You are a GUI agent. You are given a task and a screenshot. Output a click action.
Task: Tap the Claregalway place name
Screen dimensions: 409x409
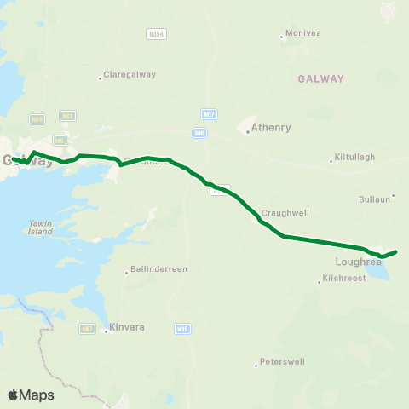pyautogui.click(x=129, y=74)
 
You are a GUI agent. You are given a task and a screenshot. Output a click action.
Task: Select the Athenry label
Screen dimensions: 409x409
pyautogui.click(x=271, y=129)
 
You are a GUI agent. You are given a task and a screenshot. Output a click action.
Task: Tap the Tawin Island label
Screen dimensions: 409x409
pyautogui.click(x=40, y=227)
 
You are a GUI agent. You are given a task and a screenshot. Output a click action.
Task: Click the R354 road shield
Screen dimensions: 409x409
pyautogui.click(x=155, y=32)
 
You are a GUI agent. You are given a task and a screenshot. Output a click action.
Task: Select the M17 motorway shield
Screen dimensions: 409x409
pyautogui.click(x=209, y=113)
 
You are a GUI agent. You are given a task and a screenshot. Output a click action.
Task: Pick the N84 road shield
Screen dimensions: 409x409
pyautogui.click(x=37, y=119)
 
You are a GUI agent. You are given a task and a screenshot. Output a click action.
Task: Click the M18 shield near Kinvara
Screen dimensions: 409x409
pyautogui.click(x=182, y=327)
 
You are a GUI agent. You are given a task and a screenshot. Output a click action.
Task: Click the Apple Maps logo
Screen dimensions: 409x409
pyautogui.click(x=31, y=395)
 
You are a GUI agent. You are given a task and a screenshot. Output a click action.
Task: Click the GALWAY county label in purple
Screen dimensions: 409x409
pyautogui.click(x=320, y=78)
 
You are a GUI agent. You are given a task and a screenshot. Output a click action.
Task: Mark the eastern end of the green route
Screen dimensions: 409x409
pyautogui.click(x=396, y=251)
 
